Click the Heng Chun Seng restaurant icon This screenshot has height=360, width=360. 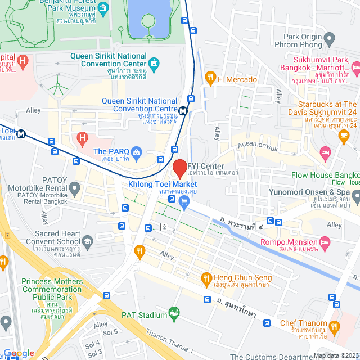(x=206, y=278)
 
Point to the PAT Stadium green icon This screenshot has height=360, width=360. (x=174, y=313)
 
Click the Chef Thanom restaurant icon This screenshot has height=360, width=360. (x=335, y=327)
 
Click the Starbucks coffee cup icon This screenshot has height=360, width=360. (x=343, y=136)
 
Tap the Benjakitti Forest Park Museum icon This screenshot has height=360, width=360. (x=103, y=8)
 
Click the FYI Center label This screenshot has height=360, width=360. (x=206, y=166)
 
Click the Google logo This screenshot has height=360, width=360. (x=19, y=353)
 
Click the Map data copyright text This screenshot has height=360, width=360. (x=336, y=355)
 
